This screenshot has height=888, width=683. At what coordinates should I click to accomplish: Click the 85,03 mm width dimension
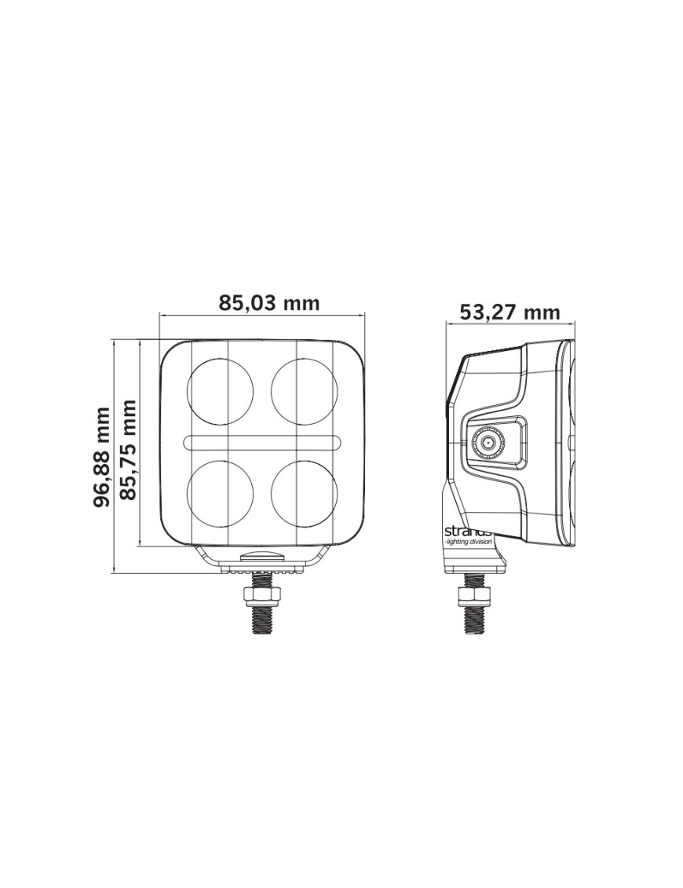(x=269, y=303)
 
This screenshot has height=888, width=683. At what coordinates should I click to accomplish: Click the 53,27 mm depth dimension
(x=510, y=312)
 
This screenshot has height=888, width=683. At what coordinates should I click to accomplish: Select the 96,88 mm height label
(x=102, y=457)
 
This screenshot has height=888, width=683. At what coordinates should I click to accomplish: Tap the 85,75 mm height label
(x=129, y=450)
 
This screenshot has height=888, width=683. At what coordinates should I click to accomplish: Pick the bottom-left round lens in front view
(x=221, y=492)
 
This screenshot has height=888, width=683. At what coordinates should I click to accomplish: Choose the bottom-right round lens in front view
(x=305, y=492)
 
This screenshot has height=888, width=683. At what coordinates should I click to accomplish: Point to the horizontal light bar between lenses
(x=262, y=442)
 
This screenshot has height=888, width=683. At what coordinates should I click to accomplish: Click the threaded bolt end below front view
(x=262, y=620)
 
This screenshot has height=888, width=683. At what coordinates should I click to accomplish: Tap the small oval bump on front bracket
(x=262, y=554)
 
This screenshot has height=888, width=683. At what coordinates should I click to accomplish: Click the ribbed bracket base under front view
(x=262, y=567)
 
